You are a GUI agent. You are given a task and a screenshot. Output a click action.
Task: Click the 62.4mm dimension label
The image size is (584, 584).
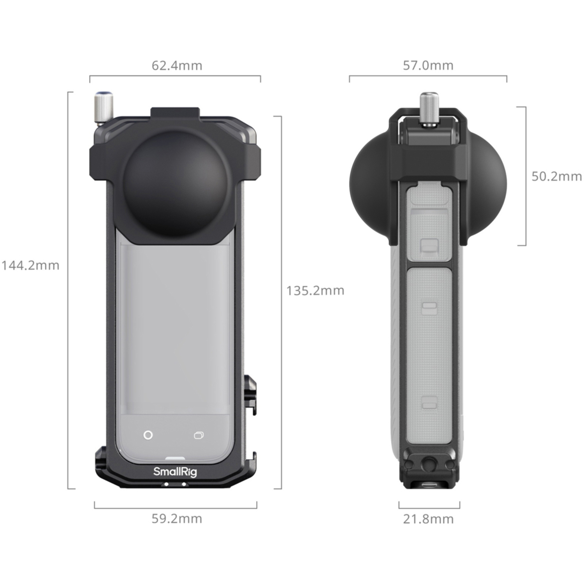pos(177,65)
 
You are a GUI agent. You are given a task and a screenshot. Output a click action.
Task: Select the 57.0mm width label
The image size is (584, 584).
pos(428,65)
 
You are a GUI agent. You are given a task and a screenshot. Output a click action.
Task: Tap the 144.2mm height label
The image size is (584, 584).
pos(30,266)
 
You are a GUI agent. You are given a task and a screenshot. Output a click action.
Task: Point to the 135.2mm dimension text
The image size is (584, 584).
pos(315,290)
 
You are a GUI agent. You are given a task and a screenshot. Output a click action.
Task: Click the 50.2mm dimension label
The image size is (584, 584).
pos(556,176)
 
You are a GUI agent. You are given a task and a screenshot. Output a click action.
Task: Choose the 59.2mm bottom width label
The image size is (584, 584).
pos(177,519)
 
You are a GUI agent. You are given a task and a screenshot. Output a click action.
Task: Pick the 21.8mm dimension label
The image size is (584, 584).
pos(428,519)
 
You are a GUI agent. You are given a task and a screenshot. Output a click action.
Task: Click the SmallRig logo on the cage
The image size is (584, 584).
pos(175,471)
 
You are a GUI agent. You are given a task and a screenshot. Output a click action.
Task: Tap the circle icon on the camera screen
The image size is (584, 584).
pos(148,435)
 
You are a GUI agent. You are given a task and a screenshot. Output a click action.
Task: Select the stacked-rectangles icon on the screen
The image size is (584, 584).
pos(199,435)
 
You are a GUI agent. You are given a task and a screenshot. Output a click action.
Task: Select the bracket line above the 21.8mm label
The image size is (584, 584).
pos(429,507)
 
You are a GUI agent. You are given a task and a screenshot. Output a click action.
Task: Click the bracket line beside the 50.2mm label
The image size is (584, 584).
pos(525,176)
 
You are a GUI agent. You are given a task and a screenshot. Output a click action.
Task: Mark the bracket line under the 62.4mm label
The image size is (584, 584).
pos(175,76)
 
